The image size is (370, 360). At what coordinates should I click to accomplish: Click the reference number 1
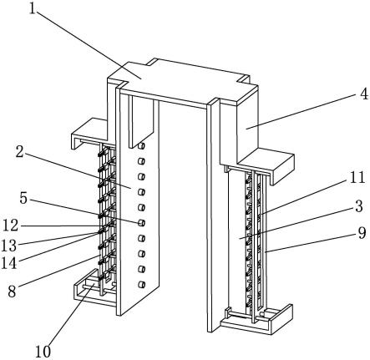[x=33, y=9]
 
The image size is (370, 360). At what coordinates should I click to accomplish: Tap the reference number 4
[x=364, y=94]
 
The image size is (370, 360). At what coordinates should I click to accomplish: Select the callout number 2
[x=19, y=152]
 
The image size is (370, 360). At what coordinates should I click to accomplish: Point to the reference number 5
[x=23, y=198]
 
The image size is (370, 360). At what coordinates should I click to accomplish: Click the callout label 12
[x=11, y=226]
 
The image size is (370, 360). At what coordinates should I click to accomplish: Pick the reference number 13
[x=9, y=245]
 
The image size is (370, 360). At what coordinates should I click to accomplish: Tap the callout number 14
[x=9, y=263]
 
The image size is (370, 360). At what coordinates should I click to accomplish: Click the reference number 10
[x=43, y=352]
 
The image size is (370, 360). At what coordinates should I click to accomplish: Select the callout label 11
[x=357, y=177]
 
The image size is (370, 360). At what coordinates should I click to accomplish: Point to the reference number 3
[x=359, y=206]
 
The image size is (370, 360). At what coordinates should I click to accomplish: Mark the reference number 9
[x=362, y=233]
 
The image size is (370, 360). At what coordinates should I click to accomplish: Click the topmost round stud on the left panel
[x=141, y=145]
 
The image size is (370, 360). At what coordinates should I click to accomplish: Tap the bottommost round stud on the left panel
[x=141, y=284]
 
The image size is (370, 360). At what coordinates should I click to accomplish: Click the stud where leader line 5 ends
[x=141, y=223]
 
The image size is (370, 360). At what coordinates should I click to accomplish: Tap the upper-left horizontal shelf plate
[x=90, y=131]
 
